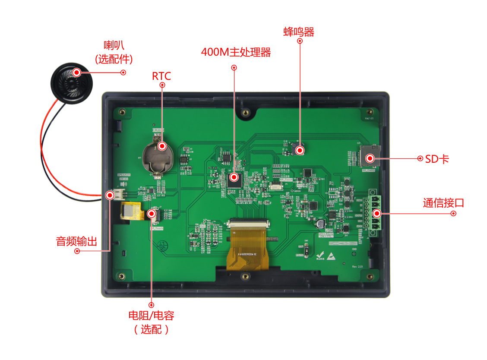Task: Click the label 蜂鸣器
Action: (299, 32)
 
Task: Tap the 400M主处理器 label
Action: (236, 52)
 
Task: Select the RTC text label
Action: (161, 76)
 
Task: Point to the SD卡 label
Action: (437, 159)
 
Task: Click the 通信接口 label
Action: (443, 203)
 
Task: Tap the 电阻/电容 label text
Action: (151, 316)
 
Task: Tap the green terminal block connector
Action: (375, 213)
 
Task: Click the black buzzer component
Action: (299, 149)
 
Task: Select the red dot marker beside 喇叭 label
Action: (123, 73)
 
